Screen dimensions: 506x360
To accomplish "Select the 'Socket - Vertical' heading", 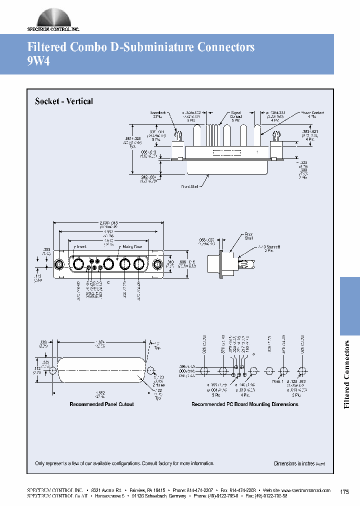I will pos(64,101).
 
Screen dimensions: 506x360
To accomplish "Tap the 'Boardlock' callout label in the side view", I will pos(157,115).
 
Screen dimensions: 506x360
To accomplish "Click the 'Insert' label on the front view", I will pos(81,246).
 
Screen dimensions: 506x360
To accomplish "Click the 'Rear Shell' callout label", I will pos(248,236).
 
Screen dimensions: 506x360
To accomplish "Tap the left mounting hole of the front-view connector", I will pos(59,264).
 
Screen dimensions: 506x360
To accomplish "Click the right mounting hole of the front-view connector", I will pos(157,264).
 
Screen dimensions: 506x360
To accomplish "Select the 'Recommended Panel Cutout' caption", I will pos(101,404).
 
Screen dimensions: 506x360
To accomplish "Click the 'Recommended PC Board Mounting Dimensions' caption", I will pos(244,404).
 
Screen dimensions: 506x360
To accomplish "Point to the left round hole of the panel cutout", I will pos(52,370).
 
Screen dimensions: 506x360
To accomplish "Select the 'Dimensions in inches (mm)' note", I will pos(299,463).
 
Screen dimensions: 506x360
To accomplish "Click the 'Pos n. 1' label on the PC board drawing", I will pos(277,381).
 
